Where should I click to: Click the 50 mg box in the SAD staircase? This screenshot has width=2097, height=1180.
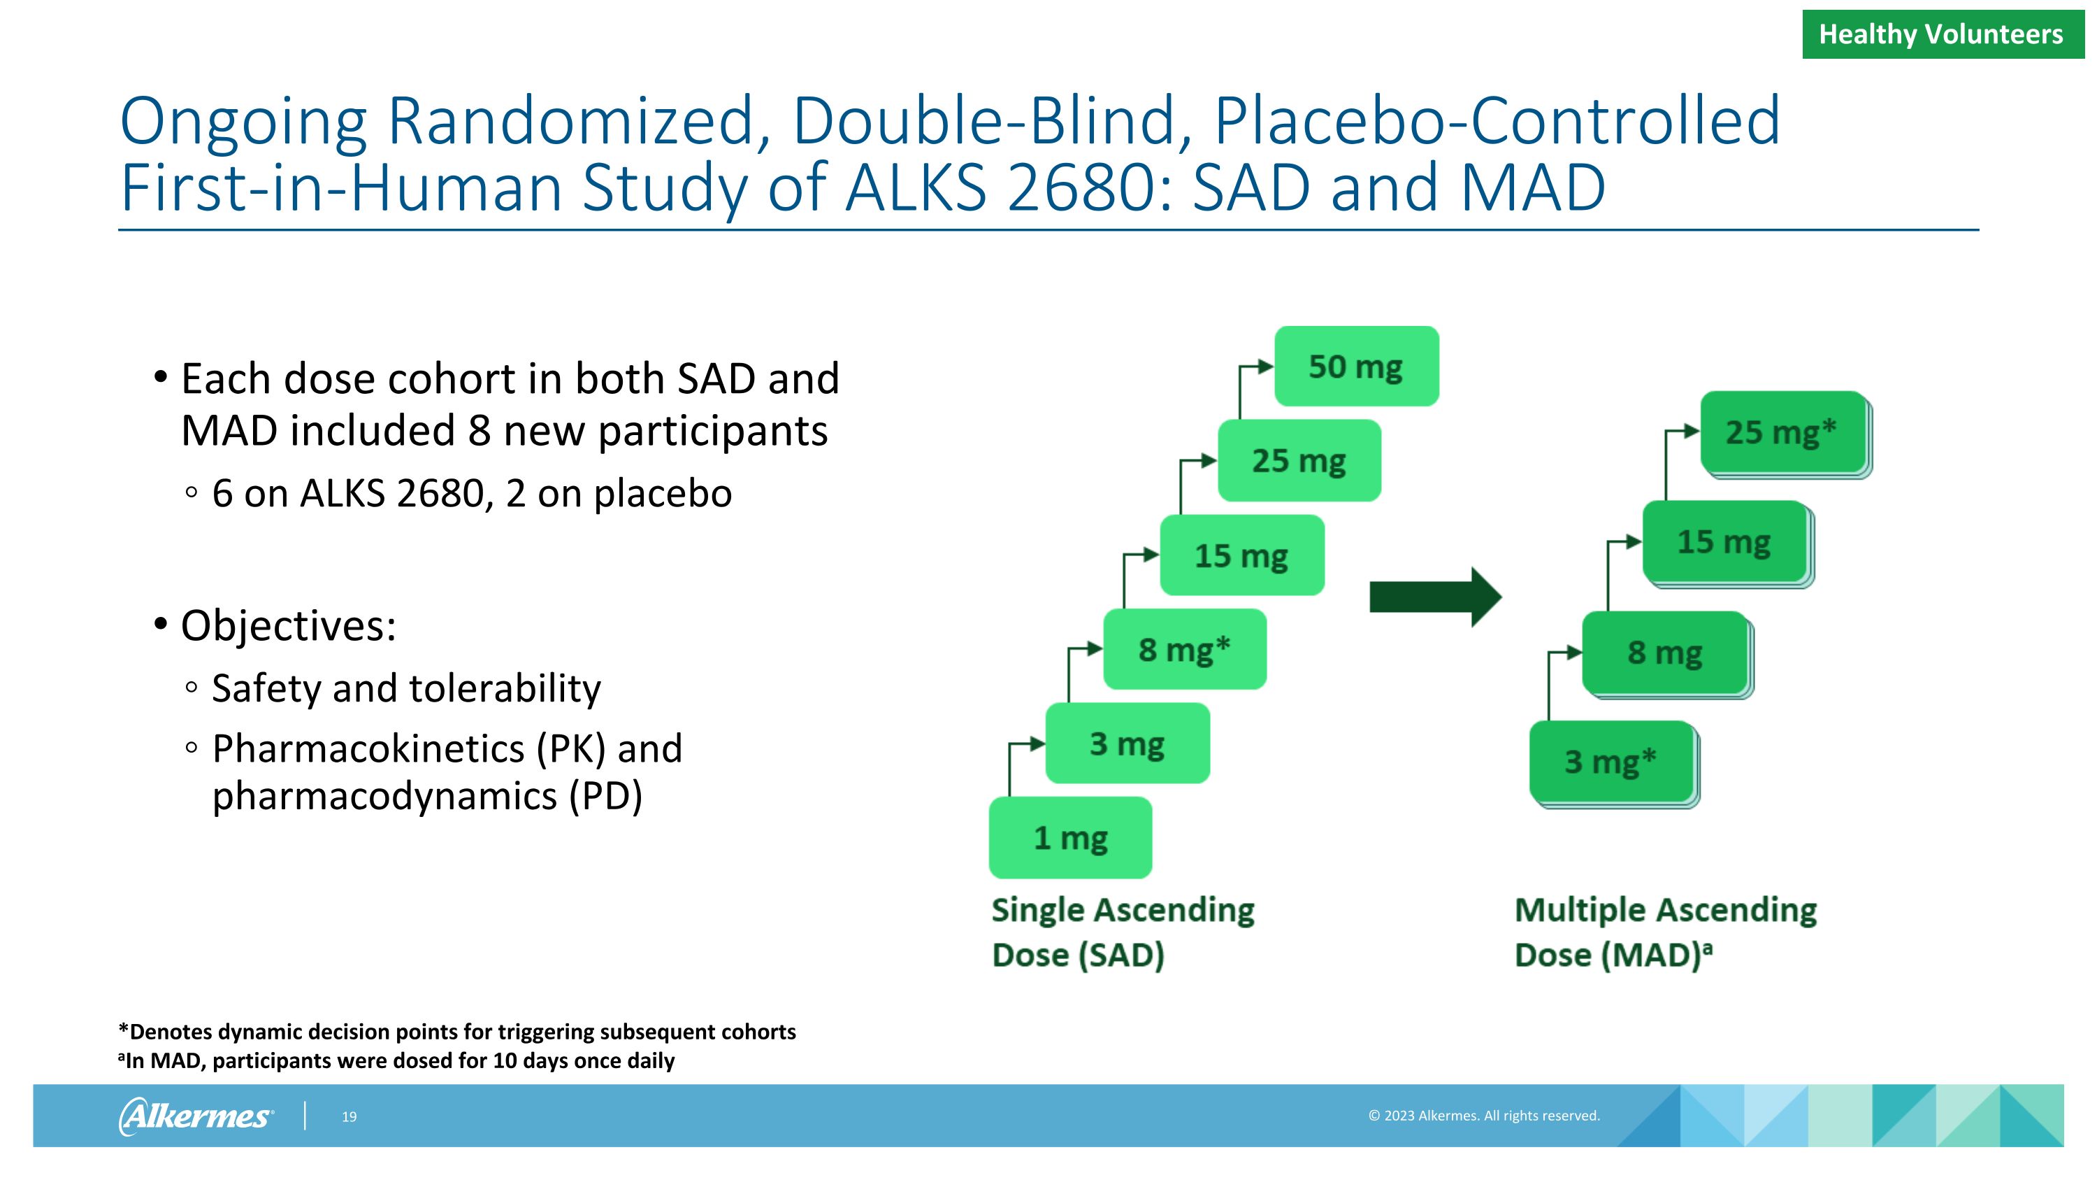tap(1356, 367)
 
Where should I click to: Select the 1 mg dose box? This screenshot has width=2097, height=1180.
tap(1070, 838)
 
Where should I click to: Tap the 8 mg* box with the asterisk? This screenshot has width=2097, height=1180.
tap(1184, 650)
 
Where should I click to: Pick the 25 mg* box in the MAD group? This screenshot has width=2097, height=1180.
tap(1782, 432)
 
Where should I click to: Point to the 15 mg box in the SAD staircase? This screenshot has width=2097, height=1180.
tap(1241, 555)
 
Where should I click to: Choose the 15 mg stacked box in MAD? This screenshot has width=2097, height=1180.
tap(1724, 542)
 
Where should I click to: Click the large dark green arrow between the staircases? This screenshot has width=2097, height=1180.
tap(1434, 597)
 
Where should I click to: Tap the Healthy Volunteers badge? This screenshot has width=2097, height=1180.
tap(1942, 34)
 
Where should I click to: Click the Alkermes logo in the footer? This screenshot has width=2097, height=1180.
tap(196, 1116)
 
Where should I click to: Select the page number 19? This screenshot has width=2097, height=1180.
tap(349, 1116)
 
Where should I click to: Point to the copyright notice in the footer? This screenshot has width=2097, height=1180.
tap(1483, 1116)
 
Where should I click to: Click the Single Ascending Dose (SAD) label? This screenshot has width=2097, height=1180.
tap(1122, 932)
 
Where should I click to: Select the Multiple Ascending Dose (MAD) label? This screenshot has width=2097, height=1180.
tap(1665, 932)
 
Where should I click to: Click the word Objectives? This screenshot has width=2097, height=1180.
tap(288, 625)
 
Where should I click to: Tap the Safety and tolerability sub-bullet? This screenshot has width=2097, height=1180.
tap(405, 688)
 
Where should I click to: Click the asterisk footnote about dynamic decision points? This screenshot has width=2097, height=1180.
tap(456, 1032)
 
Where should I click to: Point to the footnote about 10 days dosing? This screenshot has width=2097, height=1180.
tap(396, 1060)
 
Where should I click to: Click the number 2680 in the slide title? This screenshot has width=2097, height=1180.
tap(1088, 187)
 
